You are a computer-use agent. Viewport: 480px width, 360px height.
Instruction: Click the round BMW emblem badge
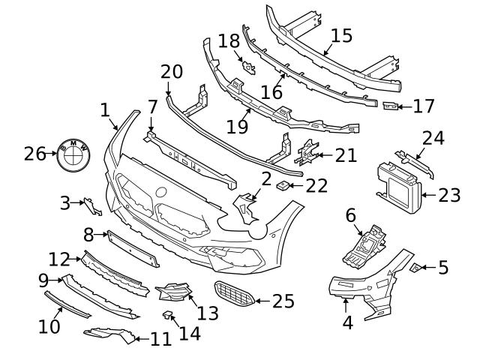pos(73,153)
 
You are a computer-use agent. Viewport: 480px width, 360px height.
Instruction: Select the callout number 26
pos(35,154)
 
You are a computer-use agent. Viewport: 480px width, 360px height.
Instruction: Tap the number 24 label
pos(433,138)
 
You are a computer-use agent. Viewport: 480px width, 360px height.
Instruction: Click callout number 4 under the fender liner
pos(347,324)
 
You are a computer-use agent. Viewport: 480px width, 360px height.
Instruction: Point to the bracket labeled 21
pos(306,154)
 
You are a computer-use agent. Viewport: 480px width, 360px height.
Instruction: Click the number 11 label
pos(160,339)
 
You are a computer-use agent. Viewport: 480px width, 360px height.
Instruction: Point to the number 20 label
pos(172,71)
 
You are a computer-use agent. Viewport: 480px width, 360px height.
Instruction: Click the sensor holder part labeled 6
pos(363,244)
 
